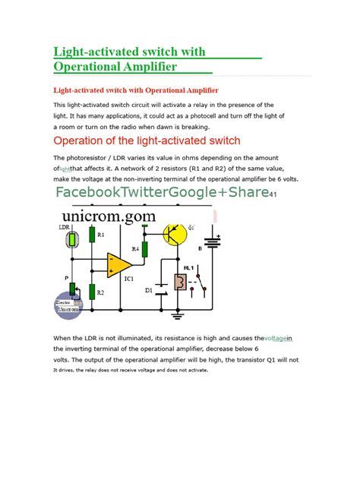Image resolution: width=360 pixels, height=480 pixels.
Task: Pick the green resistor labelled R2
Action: [x=92, y=292]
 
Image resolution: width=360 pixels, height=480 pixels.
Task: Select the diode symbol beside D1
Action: [x=160, y=292]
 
